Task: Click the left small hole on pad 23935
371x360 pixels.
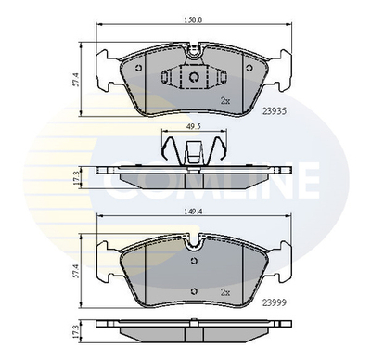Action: coord(138,68)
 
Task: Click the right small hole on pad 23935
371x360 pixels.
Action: coord(248,68)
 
